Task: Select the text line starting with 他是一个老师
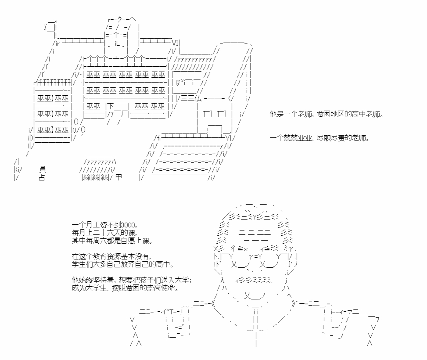(327, 114)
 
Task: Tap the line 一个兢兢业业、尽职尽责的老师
(320, 138)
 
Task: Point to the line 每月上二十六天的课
(104, 233)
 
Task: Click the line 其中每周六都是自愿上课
(112, 241)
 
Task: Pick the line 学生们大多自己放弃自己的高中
(122, 264)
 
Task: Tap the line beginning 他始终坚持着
(132, 280)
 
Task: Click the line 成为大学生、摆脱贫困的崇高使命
(126, 288)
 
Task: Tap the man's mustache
(254, 280)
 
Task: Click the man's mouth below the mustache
(255, 296)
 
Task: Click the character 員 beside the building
(42, 169)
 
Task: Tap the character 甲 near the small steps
(119, 177)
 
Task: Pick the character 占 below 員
(42, 177)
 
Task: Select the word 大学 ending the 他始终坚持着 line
(182, 280)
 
